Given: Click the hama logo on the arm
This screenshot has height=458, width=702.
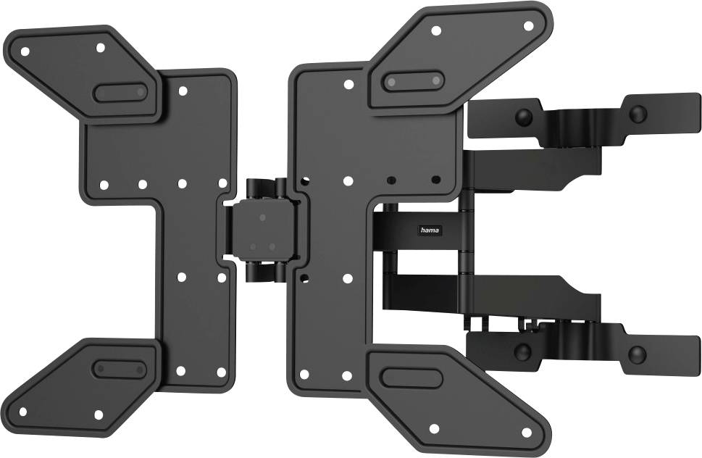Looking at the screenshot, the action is [x=430, y=230].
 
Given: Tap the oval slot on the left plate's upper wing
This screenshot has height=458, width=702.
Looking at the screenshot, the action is [x=120, y=92].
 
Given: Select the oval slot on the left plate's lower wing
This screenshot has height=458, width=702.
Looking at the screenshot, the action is [x=120, y=368].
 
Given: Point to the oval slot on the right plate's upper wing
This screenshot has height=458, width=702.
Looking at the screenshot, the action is [x=413, y=81].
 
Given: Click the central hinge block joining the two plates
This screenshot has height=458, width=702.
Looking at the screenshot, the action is [x=262, y=231].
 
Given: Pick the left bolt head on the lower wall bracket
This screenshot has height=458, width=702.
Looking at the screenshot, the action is [x=522, y=352].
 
